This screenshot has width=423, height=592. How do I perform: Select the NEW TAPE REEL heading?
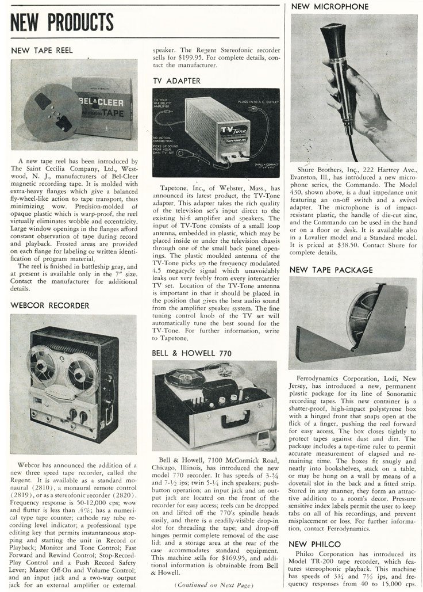[x=42, y=50]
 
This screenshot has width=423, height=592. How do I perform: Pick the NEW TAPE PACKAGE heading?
[x=331, y=269]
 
